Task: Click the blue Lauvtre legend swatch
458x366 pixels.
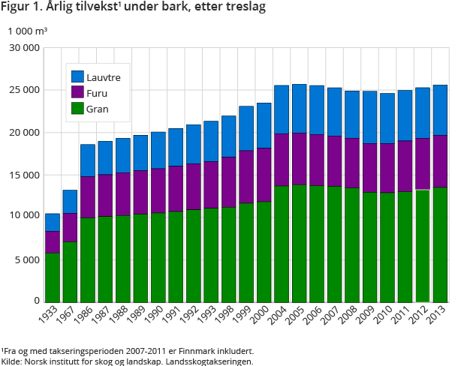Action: (x=77, y=76)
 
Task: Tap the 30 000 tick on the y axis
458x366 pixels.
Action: (x=24, y=48)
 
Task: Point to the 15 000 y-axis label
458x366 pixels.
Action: (x=24, y=175)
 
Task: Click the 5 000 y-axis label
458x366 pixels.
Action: (x=26, y=259)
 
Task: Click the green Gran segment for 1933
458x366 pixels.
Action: (x=53, y=277)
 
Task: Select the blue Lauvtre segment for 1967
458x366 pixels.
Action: (x=70, y=202)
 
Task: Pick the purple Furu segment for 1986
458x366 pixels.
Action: (x=88, y=196)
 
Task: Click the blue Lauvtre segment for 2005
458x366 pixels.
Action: (x=299, y=109)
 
